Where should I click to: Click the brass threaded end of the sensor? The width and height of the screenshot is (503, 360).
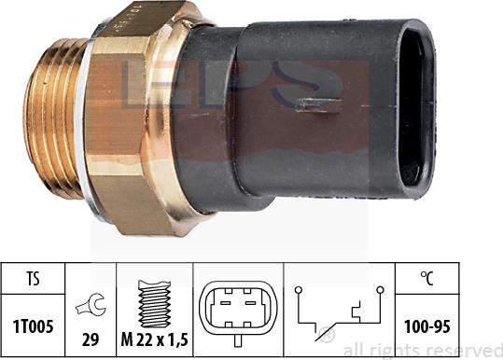tap(59, 122)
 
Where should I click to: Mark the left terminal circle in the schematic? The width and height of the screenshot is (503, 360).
tap(300, 290)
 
